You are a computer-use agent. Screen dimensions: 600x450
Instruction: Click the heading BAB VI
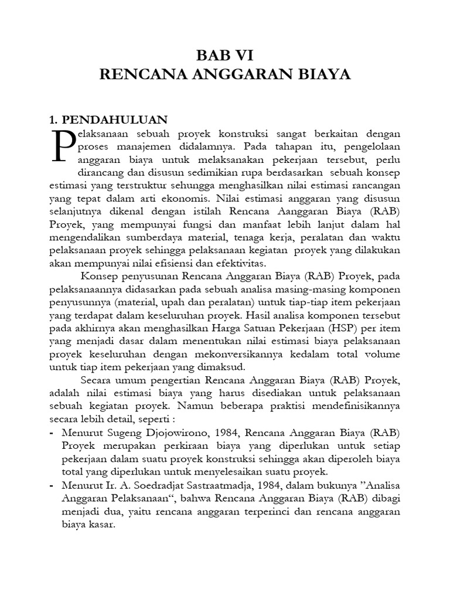224,56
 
